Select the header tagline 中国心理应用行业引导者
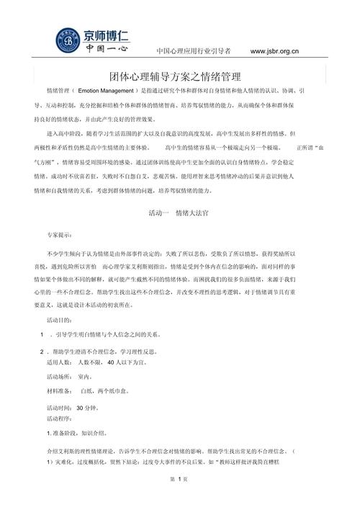pos(194,52)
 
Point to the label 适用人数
pos(60,364)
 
